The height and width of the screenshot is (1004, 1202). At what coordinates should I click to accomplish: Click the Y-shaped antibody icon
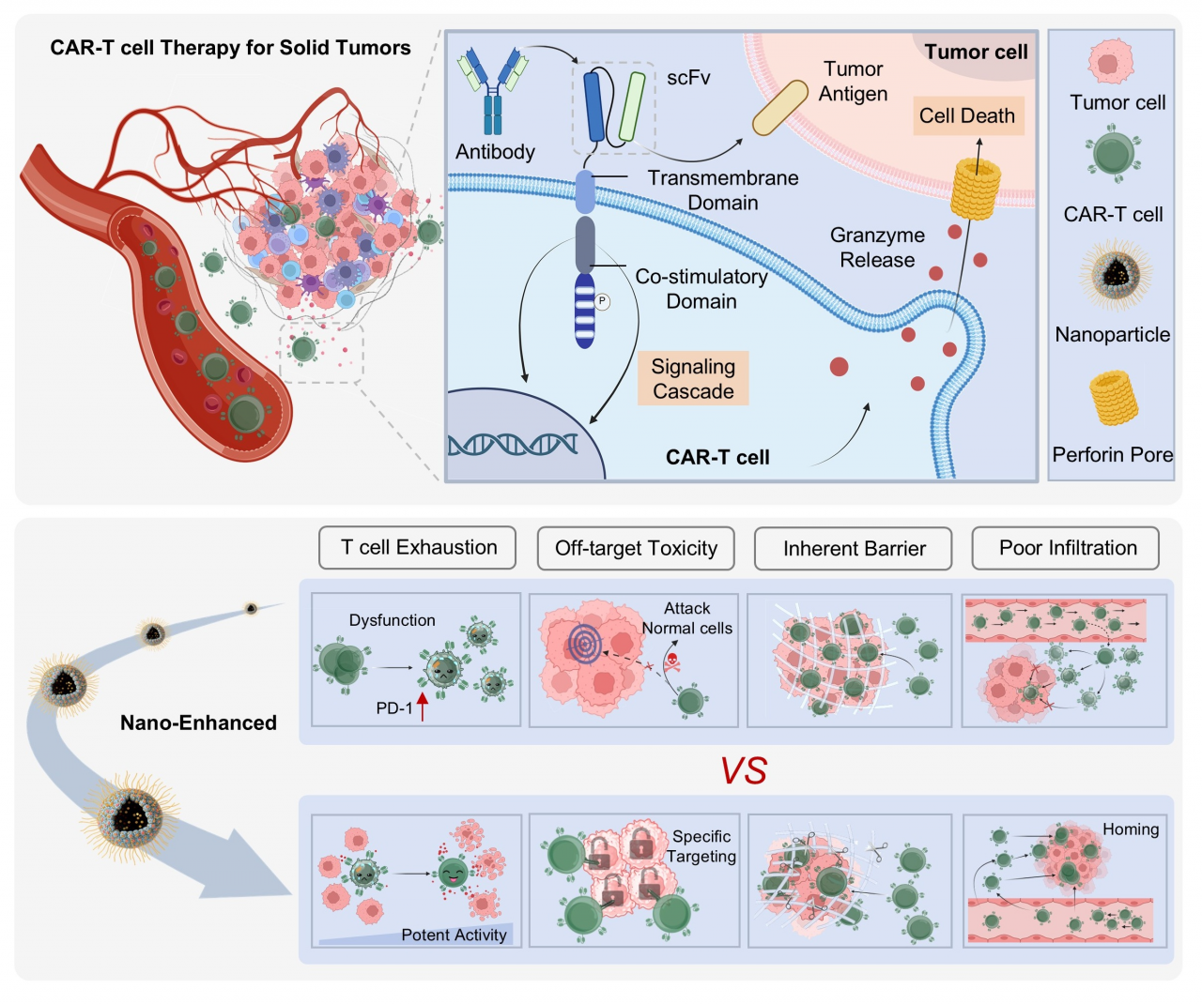(x=493, y=91)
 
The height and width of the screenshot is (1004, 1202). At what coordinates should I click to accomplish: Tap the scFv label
(x=688, y=78)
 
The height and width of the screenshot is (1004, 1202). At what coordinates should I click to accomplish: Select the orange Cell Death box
(x=967, y=116)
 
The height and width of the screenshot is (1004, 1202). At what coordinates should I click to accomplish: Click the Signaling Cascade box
(x=693, y=379)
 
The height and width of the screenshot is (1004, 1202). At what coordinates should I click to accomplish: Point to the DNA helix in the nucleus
(x=512, y=444)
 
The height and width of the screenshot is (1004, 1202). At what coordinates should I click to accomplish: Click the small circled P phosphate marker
(x=602, y=301)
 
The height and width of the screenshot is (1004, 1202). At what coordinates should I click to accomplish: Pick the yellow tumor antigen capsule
(x=780, y=108)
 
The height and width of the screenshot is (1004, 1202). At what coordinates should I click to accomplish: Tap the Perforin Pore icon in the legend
(x=1114, y=398)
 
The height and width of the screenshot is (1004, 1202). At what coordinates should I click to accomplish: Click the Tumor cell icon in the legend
(x=1111, y=63)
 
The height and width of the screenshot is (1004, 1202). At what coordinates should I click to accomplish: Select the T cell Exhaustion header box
(x=418, y=548)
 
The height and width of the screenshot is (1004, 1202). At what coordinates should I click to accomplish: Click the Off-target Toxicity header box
(x=636, y=549)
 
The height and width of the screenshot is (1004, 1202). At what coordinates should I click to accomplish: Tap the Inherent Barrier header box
(x=854, y=549)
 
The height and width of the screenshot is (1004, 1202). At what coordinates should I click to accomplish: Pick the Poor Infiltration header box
(x=1067, y=548)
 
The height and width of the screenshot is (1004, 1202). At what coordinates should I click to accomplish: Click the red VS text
(x=743, y=771)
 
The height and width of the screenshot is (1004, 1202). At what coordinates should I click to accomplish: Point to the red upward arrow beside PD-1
(x=423, y=706)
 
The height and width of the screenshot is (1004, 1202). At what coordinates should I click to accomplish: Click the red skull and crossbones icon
(x=672, y=664)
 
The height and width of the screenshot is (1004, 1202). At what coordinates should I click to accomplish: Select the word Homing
(x=1131, y=829)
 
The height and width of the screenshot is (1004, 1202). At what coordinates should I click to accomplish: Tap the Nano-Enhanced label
(x=198, y=723)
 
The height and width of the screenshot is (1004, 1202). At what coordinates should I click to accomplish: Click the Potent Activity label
(x=454, y=935)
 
